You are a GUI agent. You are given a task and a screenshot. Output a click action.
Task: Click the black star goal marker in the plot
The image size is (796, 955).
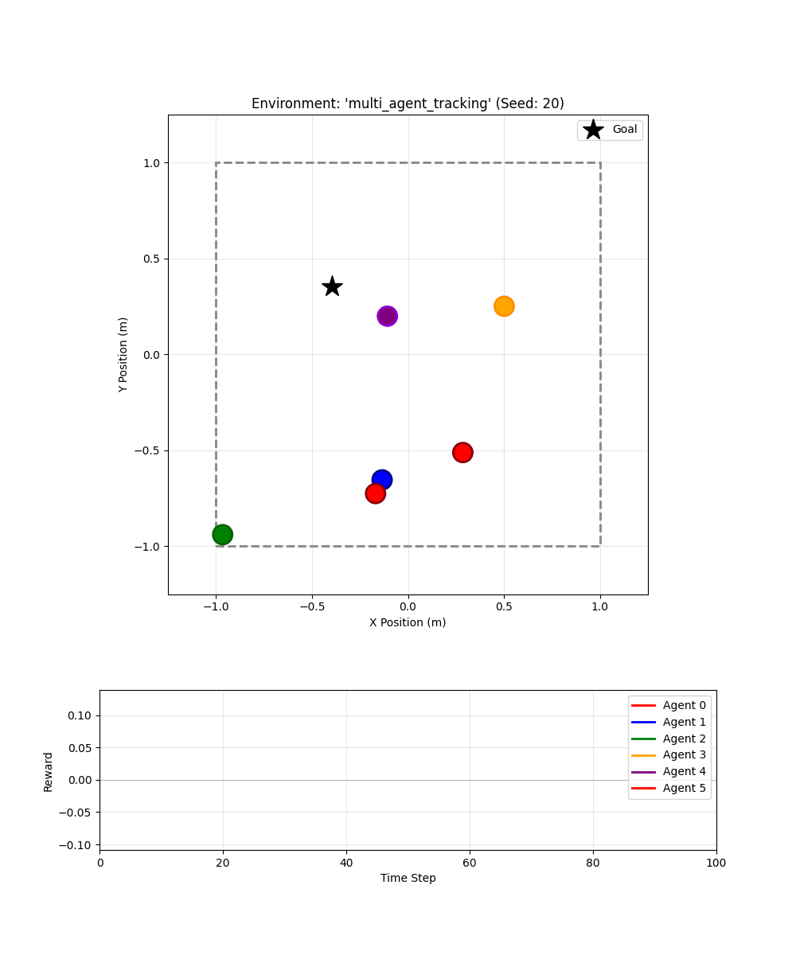point(333,286)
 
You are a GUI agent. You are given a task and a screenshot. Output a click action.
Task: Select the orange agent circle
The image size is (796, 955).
point(504,306)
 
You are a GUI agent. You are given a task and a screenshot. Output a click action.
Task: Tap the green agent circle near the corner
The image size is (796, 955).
point(223,535)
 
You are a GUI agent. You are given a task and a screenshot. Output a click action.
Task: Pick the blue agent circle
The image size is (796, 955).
point(382,479)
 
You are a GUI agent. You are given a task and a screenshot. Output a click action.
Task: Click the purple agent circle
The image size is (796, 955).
point(387,316)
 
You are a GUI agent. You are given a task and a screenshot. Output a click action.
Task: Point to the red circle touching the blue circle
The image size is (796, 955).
point(375,493)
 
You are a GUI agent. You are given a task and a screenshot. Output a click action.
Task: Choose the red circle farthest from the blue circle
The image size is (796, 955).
point(462,453)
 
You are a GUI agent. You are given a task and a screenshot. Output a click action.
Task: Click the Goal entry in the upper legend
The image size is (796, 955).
point(610,130)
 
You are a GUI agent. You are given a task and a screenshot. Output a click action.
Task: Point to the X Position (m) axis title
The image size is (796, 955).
point(408,622)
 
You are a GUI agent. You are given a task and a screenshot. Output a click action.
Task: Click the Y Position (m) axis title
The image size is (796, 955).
point(123,354)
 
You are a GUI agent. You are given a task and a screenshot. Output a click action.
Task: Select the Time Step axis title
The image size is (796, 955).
point(408,878)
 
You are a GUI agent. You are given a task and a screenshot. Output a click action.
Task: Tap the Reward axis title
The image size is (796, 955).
point(49,771)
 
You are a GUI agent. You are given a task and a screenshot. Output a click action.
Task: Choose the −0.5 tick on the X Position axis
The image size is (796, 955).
point(312,606)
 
